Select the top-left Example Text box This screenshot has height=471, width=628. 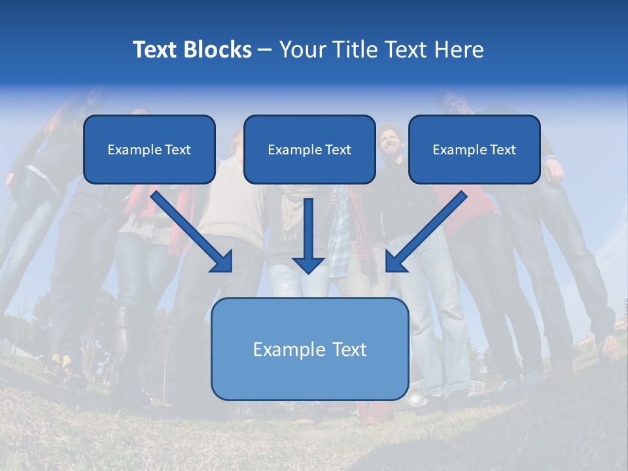(149, 149)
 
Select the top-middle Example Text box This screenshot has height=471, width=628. (309, 149)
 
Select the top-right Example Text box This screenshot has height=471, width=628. (474, 149)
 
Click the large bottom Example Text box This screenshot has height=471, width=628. (309, 349)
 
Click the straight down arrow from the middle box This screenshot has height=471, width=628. (308, 235)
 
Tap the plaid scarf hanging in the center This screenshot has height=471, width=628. (339, 242)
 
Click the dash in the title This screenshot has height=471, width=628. (265, 50)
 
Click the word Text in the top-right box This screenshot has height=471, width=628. (502, 149)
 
